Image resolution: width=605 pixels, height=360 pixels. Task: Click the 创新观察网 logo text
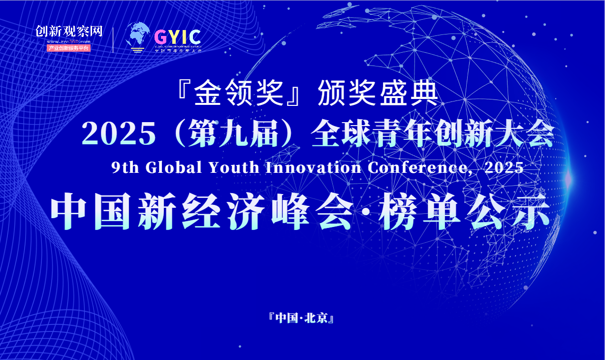(69, 31)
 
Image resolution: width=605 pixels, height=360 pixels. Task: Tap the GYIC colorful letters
(177, 37)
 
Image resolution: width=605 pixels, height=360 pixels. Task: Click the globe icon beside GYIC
(138, 35)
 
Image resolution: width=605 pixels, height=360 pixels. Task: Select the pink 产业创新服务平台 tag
(69, 48)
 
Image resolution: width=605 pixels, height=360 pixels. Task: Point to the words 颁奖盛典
(378, 92)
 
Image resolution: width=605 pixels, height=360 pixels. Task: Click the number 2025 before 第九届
(119, 133)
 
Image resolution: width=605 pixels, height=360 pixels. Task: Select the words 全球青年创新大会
(433, 133)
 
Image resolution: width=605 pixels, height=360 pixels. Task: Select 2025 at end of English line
(504, 167)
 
